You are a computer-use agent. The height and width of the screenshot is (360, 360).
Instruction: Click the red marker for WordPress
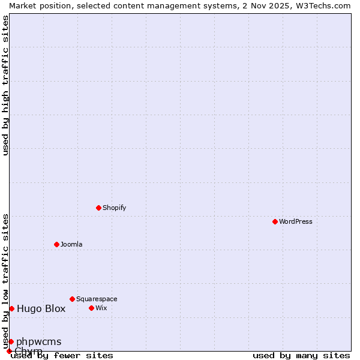click(275, 221)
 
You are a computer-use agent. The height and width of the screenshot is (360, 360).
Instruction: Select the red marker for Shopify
click(98, 208)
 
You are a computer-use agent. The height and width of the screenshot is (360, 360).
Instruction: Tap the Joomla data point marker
click(56, 244)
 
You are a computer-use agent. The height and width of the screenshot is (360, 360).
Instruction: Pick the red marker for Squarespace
click(72, 299)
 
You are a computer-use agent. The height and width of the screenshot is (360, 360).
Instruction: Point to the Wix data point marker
click(91, 308)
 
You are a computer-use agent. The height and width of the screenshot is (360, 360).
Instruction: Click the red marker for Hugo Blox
click(11, 308)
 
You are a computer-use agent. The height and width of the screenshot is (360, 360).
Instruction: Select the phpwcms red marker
click(11, 341)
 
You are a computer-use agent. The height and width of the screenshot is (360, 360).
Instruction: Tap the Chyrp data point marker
click(9, 351)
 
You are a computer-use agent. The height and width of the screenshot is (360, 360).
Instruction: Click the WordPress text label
click(296, 221)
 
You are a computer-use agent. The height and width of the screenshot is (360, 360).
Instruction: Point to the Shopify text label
click(115, 208)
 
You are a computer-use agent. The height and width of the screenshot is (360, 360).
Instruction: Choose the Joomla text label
click(71, 244)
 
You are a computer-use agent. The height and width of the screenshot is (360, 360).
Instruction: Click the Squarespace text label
click(97, 299)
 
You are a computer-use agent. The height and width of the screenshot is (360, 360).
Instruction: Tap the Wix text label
click(101, 308)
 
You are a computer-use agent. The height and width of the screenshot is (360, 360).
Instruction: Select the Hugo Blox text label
click(41, 309)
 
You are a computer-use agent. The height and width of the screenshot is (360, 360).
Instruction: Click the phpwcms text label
click(38, 342)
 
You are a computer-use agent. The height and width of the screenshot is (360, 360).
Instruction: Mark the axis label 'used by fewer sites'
click(62, 355)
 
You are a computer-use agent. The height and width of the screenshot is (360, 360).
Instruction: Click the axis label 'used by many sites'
click(301, 355)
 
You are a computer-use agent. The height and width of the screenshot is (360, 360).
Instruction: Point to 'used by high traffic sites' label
click(5, 85)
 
